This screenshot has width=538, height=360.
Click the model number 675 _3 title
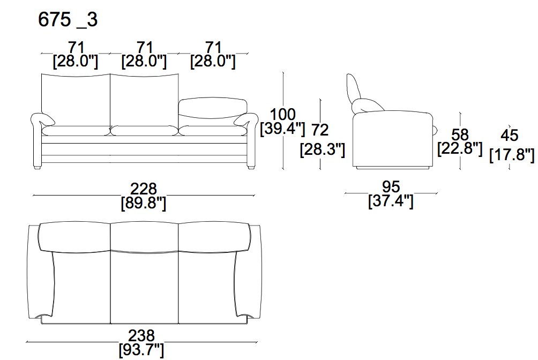click(x=68, y=20)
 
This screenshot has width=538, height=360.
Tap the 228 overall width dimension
click(x=144, y=189)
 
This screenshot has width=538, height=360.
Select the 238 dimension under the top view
click(x=141, y=335)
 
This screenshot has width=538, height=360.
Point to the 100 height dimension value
click(x=283, y=114)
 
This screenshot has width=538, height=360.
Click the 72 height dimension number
click(x=320, y=130)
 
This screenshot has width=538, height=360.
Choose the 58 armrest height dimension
click(x=460, y=134)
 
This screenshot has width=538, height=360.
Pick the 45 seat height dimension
click(x=509, y=135)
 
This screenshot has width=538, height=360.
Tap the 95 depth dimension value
click(x=391, y=186)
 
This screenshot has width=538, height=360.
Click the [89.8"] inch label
click(x=144, y=203)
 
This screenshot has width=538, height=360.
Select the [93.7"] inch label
click(x=141, y=350)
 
